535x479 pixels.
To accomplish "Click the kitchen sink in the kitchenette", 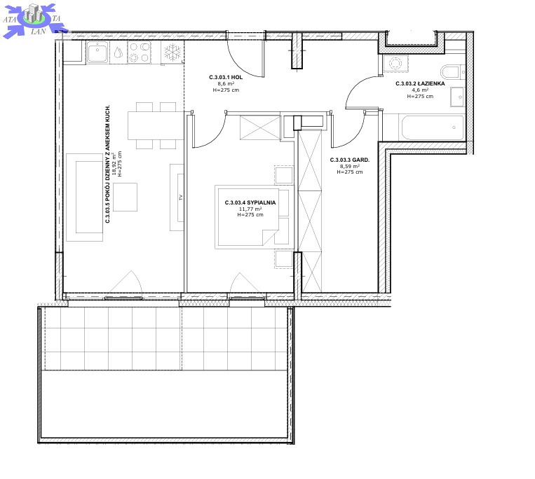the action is (97, 53).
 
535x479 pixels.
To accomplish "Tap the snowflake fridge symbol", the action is (172, 53).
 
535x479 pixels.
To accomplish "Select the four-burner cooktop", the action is (140, 53).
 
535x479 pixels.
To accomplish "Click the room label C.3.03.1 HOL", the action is (226, 77).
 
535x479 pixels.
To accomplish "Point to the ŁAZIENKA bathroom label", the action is (420, 83).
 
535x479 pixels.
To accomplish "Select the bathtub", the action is (433, 127).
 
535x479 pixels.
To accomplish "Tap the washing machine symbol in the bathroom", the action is (395, 64).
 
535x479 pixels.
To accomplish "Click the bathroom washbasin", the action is (457, 97).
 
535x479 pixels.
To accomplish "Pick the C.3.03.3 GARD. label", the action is (350, 160).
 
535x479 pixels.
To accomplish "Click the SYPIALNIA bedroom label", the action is (250, 202).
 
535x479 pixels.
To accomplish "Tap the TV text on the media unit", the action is (181, 197).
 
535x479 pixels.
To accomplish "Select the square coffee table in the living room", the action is (126, 197).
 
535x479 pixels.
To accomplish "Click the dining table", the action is (156, 125).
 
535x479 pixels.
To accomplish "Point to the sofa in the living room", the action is (85, 197).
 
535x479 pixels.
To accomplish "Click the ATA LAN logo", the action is (34, 20).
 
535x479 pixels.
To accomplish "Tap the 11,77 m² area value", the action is (250, 209).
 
